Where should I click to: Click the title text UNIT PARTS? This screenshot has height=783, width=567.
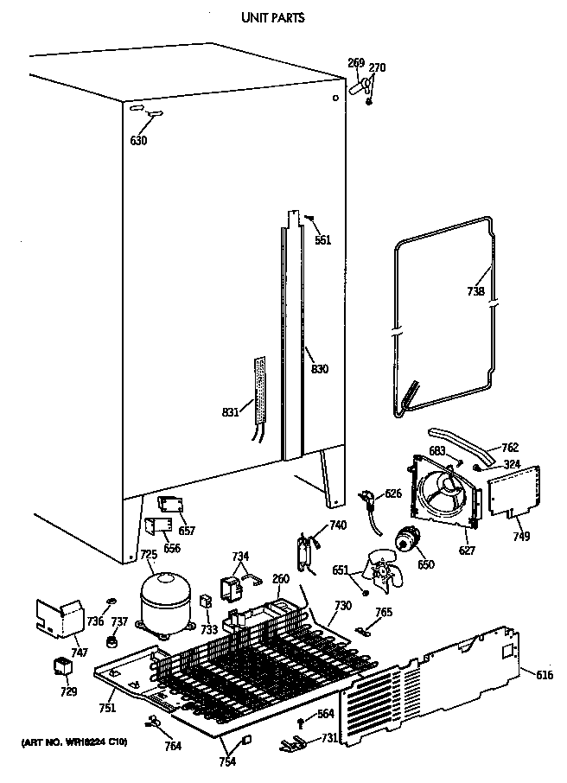tap(272, 16)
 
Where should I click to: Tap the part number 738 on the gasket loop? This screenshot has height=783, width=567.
tap(475, 291)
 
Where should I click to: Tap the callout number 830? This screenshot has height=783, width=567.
tap(320, 369)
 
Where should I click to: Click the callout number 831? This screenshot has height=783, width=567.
tap(231, 413)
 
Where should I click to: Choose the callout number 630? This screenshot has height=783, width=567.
tap(138, 141)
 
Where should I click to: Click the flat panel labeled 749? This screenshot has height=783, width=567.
tap(515, 494)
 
